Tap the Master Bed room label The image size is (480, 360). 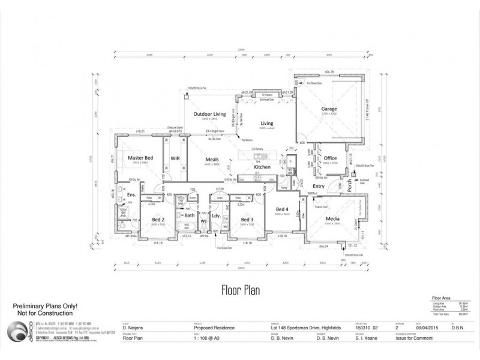click(x=140, y=158)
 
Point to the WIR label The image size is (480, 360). click(x=175, y=158)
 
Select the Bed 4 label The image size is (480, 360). click(x=282, y=209)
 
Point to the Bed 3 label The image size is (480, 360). click(x=247, y=220)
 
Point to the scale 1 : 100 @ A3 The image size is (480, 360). click(x=206, y=338)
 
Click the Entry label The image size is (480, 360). click(x=319, y=187)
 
